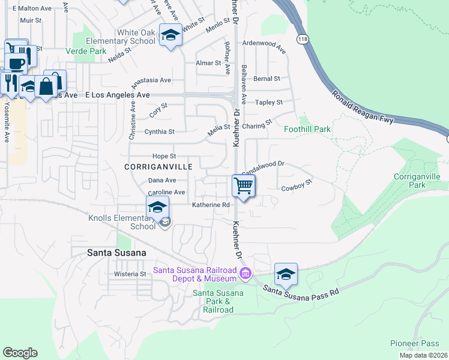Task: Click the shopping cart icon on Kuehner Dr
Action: click(243, 185)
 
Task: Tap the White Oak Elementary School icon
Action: click(170, 35)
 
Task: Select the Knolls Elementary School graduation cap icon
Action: click(157, 208)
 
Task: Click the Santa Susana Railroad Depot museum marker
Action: click(245, 275)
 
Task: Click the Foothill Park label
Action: click(307, 129)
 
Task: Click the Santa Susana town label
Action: click(116, 253)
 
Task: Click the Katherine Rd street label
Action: click(211, 205)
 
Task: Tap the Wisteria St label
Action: click(130, 274)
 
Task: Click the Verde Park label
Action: click(86, 52)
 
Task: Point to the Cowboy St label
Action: click(298, 185)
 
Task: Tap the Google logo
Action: click(20, 352)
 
